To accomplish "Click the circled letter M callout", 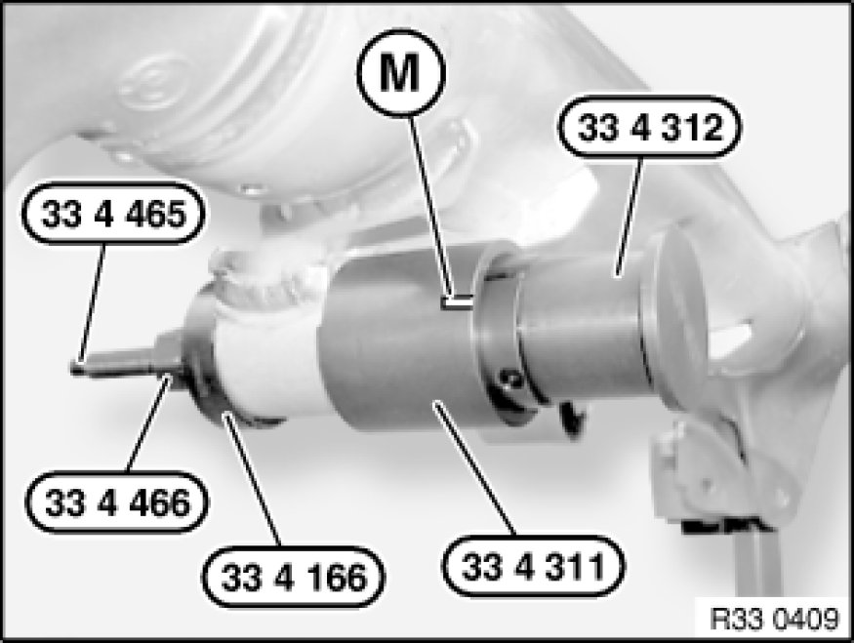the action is point(401,73).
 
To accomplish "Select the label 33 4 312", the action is point(650,128).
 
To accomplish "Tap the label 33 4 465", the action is point(114,214).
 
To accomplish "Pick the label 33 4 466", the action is point(118,502).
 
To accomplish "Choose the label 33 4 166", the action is point(294,577).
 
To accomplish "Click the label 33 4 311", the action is point(533,566).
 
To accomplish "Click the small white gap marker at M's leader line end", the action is point(458,302).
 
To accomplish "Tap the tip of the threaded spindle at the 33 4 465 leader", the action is point(73,368).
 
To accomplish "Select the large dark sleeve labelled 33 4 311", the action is point(403,348).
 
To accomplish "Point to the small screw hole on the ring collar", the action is point(510,378).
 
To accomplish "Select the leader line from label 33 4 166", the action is point(253,479).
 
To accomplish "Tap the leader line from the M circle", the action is point(430,207).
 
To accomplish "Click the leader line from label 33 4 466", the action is point(148,423).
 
